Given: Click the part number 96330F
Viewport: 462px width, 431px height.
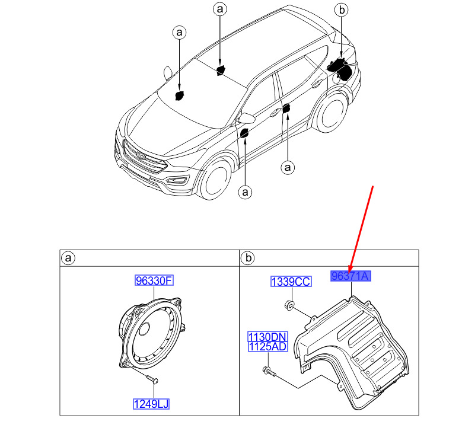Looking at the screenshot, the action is pos(154,280).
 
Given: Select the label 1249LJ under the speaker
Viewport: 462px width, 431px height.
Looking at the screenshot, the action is pos(151,404).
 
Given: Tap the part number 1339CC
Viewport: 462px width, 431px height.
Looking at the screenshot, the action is pos(291,282).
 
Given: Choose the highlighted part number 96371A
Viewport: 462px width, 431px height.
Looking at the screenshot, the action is pos(351,276).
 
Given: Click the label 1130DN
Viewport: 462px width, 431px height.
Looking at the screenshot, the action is pos(267,336).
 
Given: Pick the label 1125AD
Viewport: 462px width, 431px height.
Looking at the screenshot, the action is pos(267,347).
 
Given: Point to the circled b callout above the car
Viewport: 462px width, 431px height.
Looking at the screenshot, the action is pos(342,10).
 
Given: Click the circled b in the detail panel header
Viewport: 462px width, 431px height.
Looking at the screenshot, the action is pos(248,258).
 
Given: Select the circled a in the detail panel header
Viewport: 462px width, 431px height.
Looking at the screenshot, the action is pos(68,258).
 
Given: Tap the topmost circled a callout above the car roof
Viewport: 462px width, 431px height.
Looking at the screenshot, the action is pos(220,9).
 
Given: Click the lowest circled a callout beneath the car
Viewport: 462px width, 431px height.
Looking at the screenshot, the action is pos(245,192).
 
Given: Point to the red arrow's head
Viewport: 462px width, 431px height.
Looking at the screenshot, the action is pos(350,270).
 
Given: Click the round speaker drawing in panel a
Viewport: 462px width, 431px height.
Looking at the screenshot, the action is pos(150,333).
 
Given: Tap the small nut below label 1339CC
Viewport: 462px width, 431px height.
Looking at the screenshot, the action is pos(289,305).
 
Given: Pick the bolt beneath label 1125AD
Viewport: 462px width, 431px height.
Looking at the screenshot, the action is pos(269,371).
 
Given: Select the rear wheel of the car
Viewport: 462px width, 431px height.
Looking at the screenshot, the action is pos(332,113).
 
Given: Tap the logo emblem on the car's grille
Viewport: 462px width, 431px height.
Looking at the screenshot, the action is pos(141,156).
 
